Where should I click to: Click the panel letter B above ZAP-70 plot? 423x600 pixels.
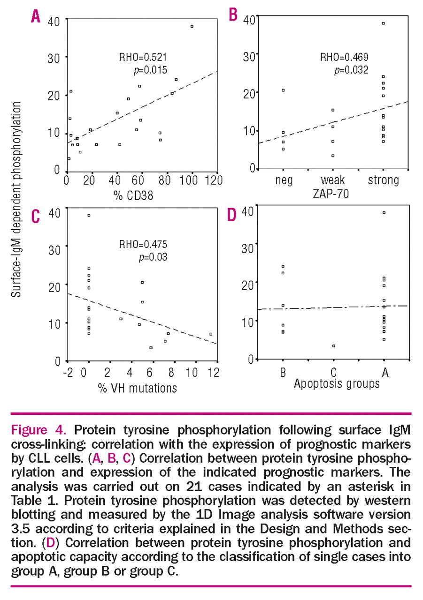coord(233,15)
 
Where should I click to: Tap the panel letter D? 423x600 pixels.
coord(231,215)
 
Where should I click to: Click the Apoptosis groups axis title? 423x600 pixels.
coord(336,384)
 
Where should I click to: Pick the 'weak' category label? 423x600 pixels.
coord(333,180)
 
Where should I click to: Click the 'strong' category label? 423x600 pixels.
coord(383,180)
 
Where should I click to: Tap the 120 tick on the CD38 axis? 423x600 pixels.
coord(215,181)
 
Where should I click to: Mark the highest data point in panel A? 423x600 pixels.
coord(192,26)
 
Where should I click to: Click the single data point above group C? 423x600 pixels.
coord(333,346)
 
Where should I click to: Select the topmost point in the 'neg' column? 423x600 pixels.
coord(283,90)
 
